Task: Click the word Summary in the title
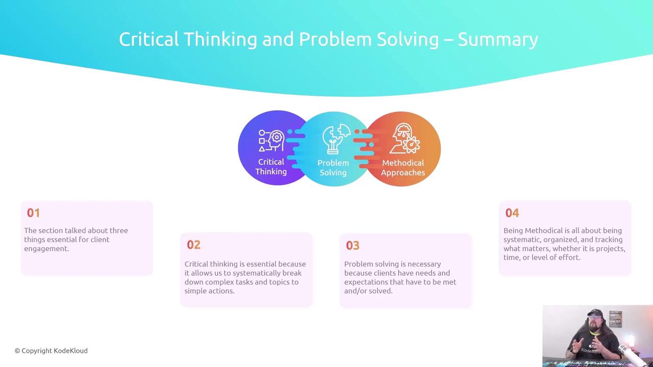(497, 40)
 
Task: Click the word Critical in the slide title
(148, 39)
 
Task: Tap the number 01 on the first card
(33, 213)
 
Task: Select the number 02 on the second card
(193, 245)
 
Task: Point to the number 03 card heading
(353, 246)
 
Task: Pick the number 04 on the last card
(512, 213)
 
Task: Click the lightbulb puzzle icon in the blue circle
(336, 139)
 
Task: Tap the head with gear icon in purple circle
(271, 141)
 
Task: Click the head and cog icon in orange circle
(406, 138)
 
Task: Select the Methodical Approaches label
(403, 168)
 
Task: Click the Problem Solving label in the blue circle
(333, 168)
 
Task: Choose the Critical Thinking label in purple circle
(271, 167)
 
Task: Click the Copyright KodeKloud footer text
(51, 351)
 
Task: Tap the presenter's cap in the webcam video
(595, 312)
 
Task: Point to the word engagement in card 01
(46, 249)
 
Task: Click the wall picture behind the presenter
(615, 319)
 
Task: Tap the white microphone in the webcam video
(630, 354)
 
